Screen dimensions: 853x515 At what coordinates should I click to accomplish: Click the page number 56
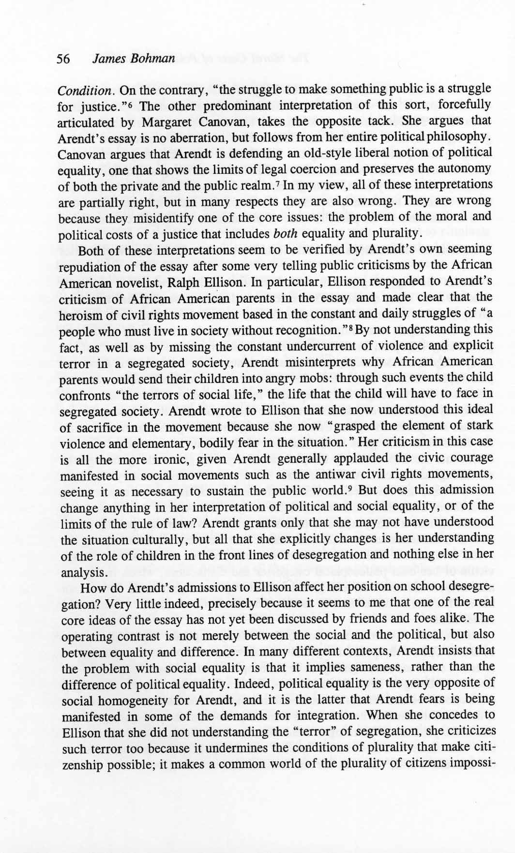pos(63,59)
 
